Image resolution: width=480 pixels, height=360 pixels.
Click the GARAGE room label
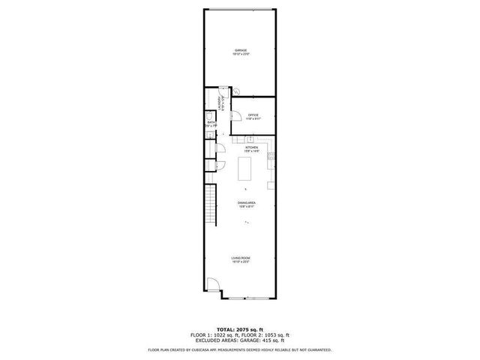pyautogui.click(x=241, y=50)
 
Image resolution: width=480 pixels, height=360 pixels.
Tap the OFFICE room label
pyautogui.click(x=253, y=115)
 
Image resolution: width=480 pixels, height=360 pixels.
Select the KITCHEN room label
pyautogui.click(x=251, y=147)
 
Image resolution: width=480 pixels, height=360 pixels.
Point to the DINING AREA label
pyautogui.click(x=247, y=203)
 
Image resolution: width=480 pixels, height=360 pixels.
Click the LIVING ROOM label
pyautogui.click(x=241, y=258)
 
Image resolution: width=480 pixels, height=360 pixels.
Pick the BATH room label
pyautogui.click(x=211, y=121)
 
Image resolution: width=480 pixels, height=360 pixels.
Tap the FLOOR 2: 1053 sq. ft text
pyautogui.click(x=268, y=334)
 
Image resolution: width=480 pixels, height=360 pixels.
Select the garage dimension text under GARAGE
pyautogui.click(x=241, y=55)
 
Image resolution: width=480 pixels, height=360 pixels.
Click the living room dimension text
pyautogui.click(x=241, y=262)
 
